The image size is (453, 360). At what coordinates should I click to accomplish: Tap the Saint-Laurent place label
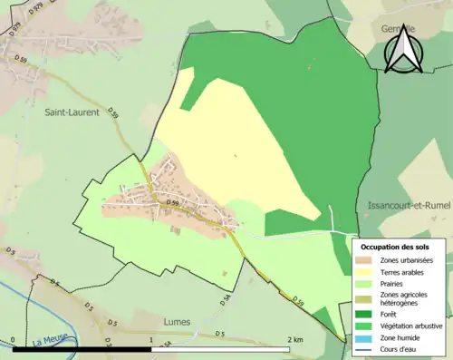72,112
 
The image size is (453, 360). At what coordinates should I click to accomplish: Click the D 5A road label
226,298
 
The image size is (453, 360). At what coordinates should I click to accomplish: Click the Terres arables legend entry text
405,272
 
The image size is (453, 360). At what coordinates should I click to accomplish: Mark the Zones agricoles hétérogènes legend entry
402,298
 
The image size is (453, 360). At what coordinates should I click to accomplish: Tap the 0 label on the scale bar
14,338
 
